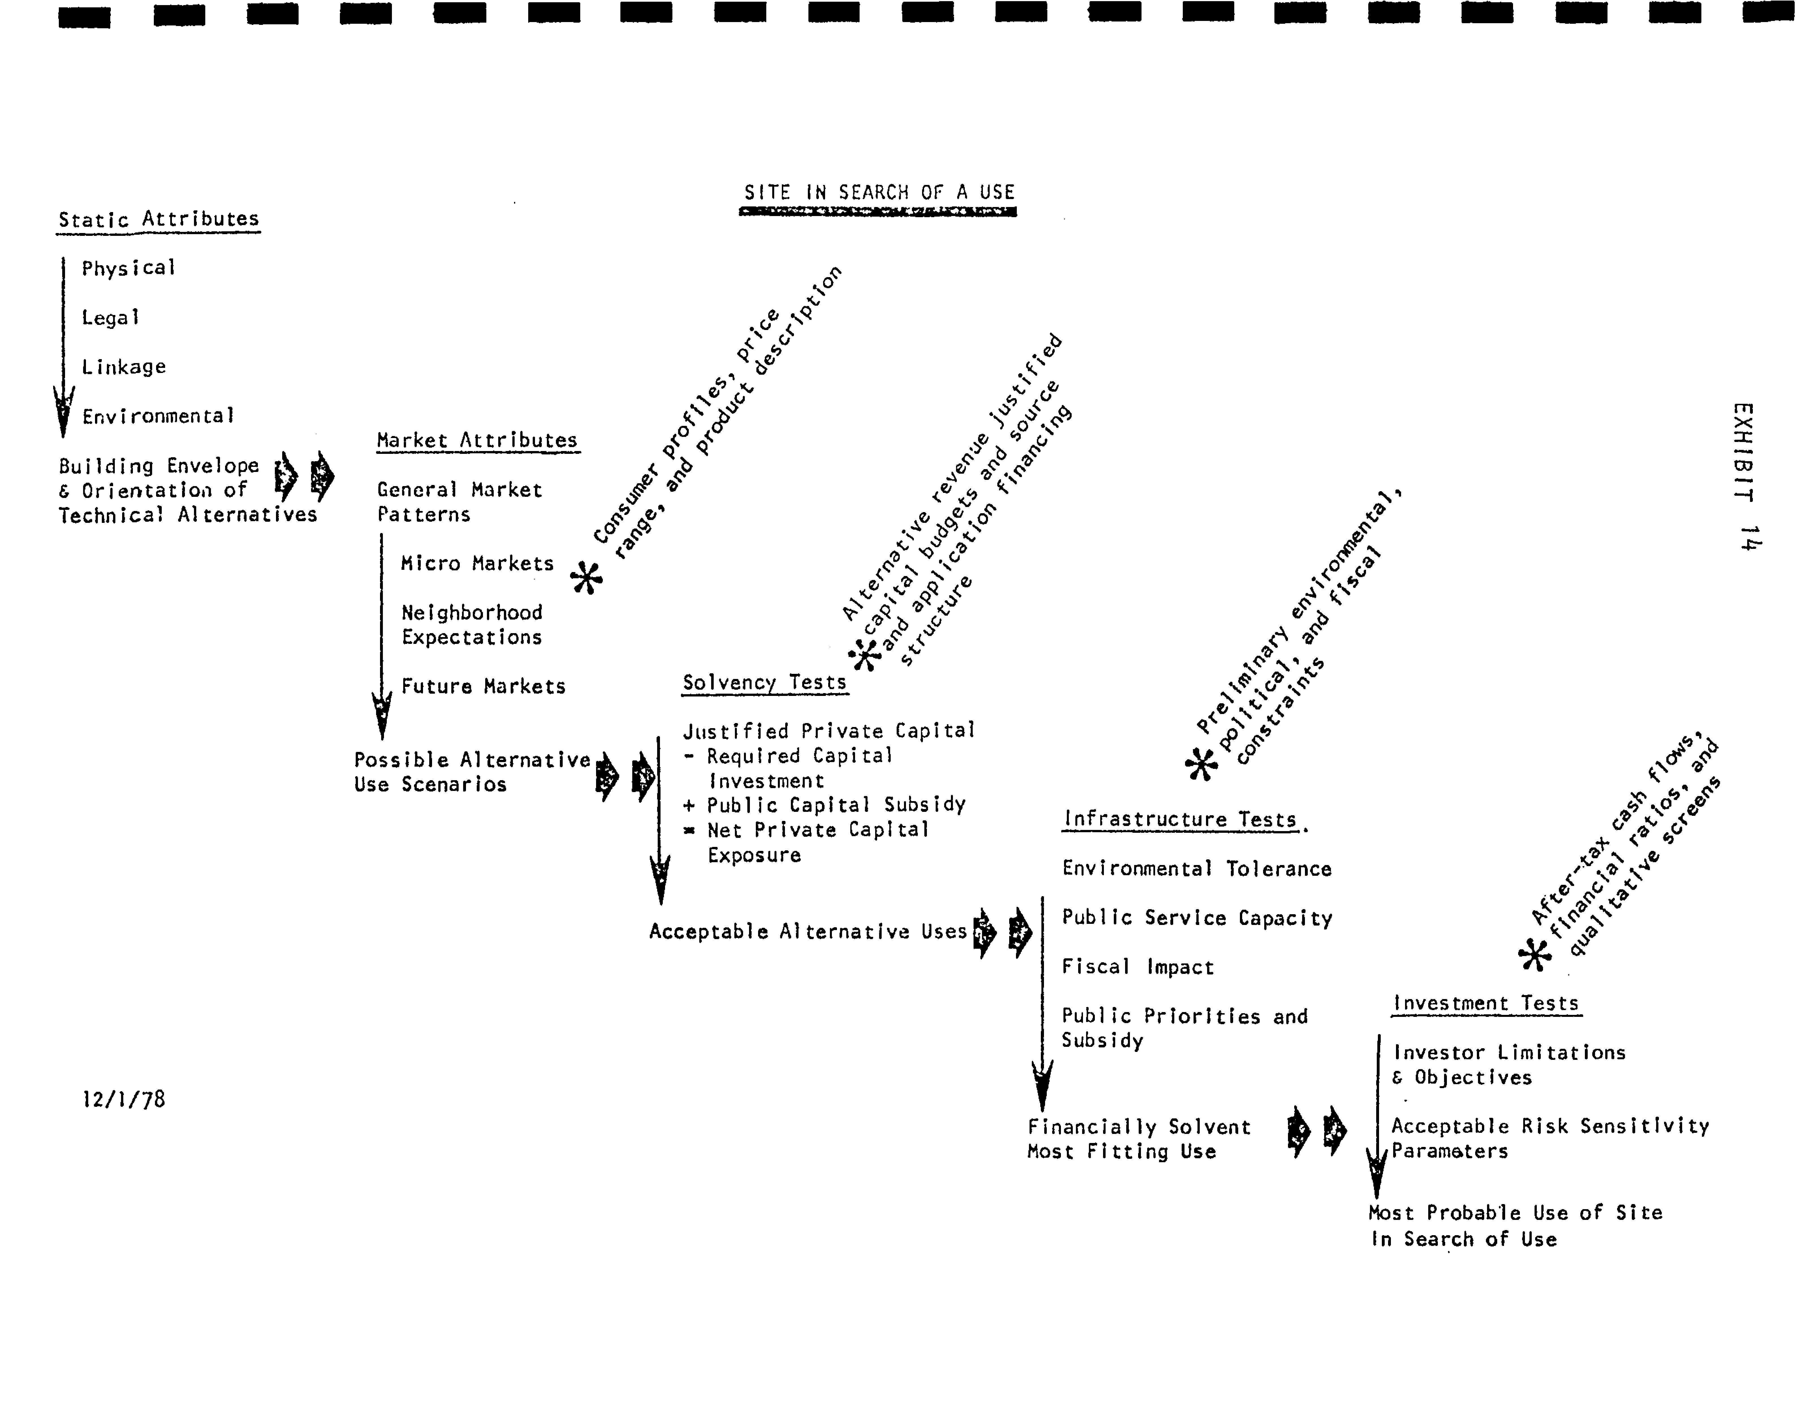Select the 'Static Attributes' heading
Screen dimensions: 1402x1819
(x=158, y=219)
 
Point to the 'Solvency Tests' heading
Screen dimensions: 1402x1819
(x=764, y=682)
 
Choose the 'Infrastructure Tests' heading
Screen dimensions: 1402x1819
(x=1179, y=819)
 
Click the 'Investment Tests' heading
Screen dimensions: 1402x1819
(x=1486, y=1003)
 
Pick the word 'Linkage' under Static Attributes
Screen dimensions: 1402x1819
(x=123, y=366)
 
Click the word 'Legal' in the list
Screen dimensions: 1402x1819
(x=110, y=317)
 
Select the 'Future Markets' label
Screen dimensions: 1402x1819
(x=483, y=686)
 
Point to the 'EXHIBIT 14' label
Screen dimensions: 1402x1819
(x=1745, y=476)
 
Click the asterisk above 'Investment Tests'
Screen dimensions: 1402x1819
(x=1534, y=955)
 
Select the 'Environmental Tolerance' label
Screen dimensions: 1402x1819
(x=1196, y=869)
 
